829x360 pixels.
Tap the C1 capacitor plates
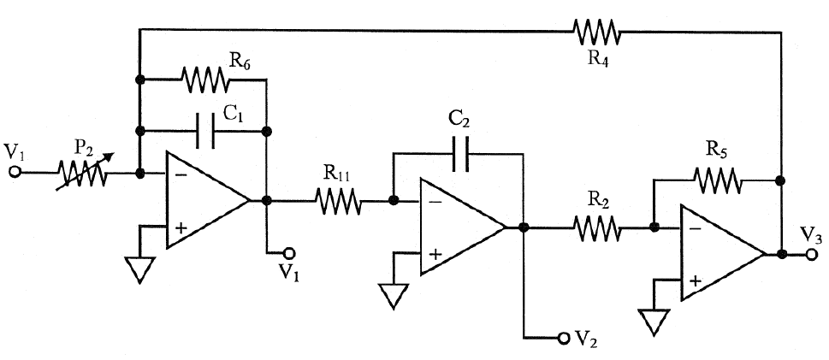point(205,132)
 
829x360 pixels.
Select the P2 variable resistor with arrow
point(82,173)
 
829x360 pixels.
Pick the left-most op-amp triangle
point(205,201)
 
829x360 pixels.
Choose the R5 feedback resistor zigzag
point(717,180)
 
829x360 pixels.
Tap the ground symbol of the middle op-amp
point(392,296)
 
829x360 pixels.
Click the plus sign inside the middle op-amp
point(435,253)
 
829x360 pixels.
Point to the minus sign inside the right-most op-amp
point(694,229)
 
